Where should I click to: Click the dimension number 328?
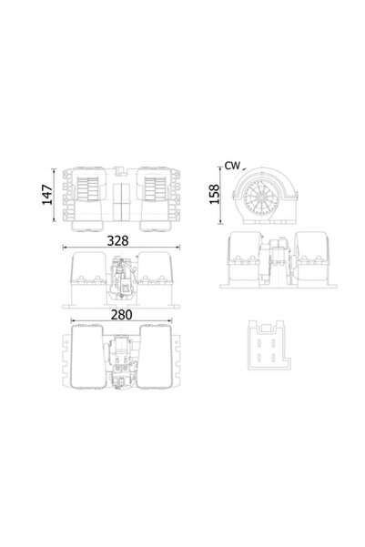[x=116, y=240]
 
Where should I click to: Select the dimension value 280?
[x=116, y=314]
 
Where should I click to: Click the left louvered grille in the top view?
[x=91, y=188]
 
